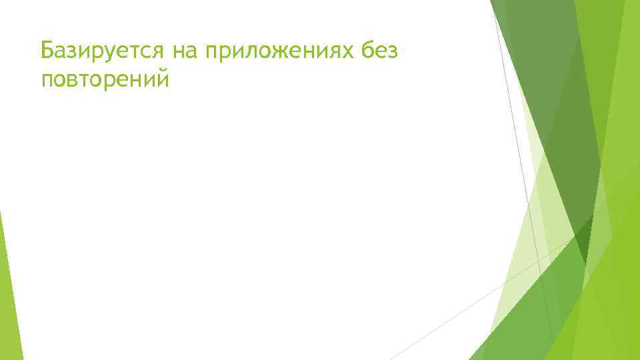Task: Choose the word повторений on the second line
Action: pos(105,80)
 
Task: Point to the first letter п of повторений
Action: pos(47,81)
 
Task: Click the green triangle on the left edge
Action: pos(8,293)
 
